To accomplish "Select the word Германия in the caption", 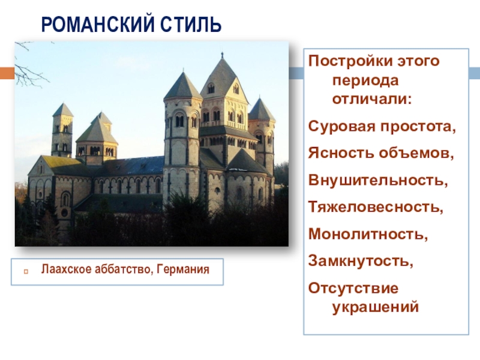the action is point(183,269).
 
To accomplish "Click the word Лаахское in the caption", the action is point(66,269).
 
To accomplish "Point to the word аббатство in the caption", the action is point(124,269).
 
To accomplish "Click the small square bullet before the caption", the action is point(26,271).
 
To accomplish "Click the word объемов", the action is point(416,153).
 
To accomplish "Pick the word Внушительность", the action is point(378,180).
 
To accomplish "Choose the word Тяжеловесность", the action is point(376,207).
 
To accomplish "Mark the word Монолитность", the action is point(368,234).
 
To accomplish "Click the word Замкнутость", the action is point(361,261).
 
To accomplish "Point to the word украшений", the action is point(376,307).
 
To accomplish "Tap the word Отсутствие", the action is point(353,288).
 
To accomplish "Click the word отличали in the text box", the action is point(372,99).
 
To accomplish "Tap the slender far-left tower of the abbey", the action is point(62,130).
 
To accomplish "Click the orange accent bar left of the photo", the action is point(7,73).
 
